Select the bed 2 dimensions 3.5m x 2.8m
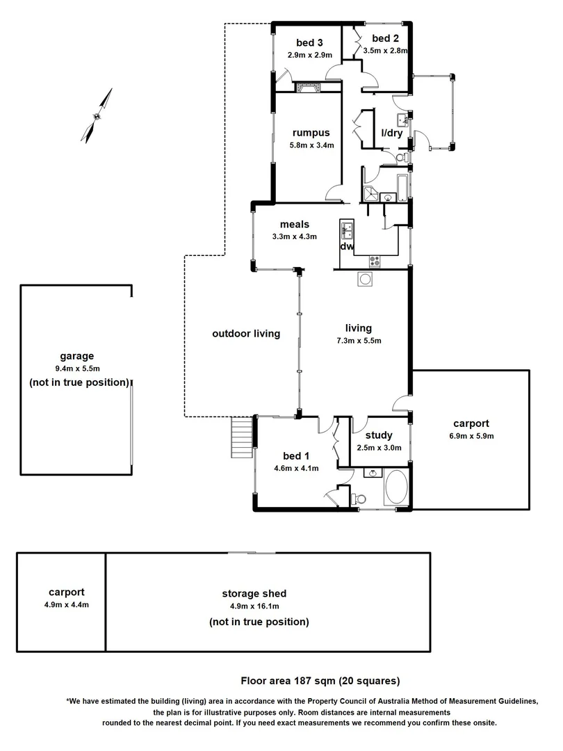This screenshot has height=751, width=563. tap(385, 51)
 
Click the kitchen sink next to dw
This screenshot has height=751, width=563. tap(347, 229)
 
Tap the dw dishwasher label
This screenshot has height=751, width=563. tap(346, 246)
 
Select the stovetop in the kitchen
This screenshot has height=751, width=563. tap(375, 261)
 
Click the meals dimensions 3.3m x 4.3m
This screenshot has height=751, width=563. tap(295, 236)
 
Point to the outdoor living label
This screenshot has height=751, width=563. tap(245, 334)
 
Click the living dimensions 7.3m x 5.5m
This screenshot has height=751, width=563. tap(358, 341)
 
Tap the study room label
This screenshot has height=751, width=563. tap(379, 436)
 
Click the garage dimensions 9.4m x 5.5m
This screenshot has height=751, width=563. tap(76, 369)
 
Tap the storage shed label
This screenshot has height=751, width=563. tap(254, 594)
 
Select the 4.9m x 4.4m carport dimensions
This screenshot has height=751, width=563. tap(66, 604)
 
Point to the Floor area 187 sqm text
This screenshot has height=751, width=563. tap(320, 681)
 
